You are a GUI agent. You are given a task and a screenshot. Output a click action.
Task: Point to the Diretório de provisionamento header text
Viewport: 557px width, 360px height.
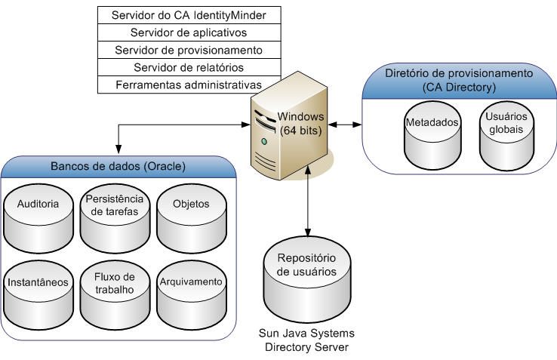click(459, 81)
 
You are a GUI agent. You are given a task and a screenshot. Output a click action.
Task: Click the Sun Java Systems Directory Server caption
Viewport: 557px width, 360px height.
click(307, 340)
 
